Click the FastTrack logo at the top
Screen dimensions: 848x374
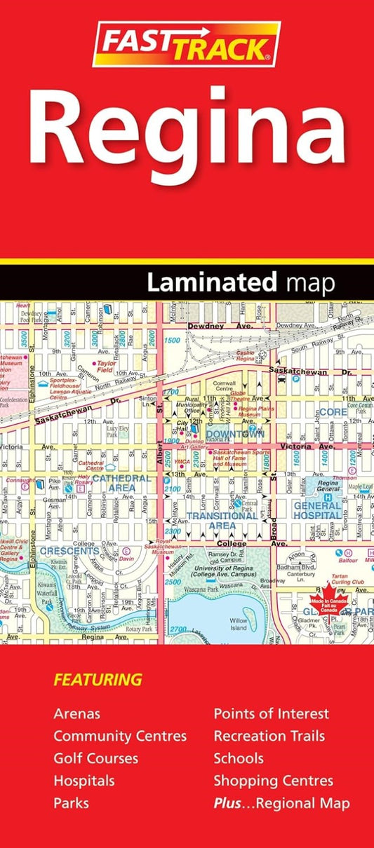point(187,43)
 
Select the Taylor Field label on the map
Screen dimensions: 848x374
point(107,364)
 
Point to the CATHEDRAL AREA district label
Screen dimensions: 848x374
point(121,482)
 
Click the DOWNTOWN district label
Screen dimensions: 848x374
point(234,435)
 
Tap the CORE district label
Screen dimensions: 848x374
point(333,413)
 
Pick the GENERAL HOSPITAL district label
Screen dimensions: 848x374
point(318,510)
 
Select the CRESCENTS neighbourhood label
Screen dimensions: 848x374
point(69,552)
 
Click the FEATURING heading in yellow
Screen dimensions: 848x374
point(98,680)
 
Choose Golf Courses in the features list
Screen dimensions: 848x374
point(95,758)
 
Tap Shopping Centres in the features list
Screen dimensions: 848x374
point(273,781)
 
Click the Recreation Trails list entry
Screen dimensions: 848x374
point(269,736)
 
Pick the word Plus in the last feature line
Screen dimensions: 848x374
point(227,803)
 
